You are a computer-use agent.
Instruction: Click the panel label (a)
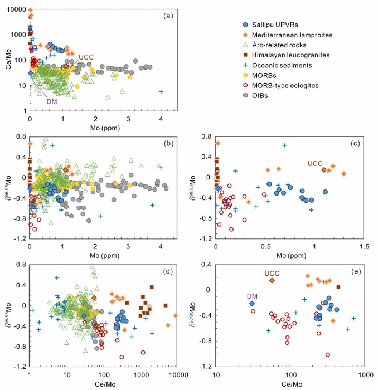[168, 16]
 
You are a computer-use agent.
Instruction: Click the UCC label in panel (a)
[86, 57]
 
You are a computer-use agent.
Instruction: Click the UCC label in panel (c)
[315, 163]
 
